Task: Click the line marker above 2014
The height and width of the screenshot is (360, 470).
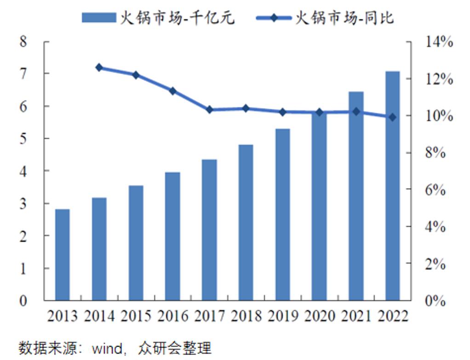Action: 99,68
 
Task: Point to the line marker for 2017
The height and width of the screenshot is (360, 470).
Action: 209,109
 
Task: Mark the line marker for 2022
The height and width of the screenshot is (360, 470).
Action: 392,117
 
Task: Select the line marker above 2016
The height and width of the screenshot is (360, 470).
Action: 172,91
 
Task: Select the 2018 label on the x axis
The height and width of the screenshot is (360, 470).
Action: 246,316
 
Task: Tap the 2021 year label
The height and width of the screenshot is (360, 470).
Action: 355,316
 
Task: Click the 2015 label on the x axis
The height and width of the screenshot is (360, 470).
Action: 136,316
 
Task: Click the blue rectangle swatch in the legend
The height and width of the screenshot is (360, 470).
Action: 99,17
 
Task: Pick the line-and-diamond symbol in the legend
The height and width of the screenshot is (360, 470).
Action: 273,18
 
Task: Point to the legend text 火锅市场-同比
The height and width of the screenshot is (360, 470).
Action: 344,18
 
